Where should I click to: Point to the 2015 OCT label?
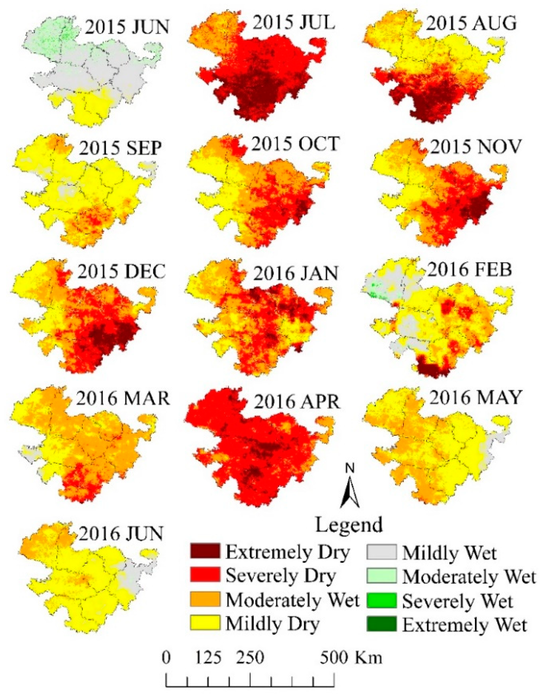295,144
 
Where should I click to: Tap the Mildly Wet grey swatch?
381,551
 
